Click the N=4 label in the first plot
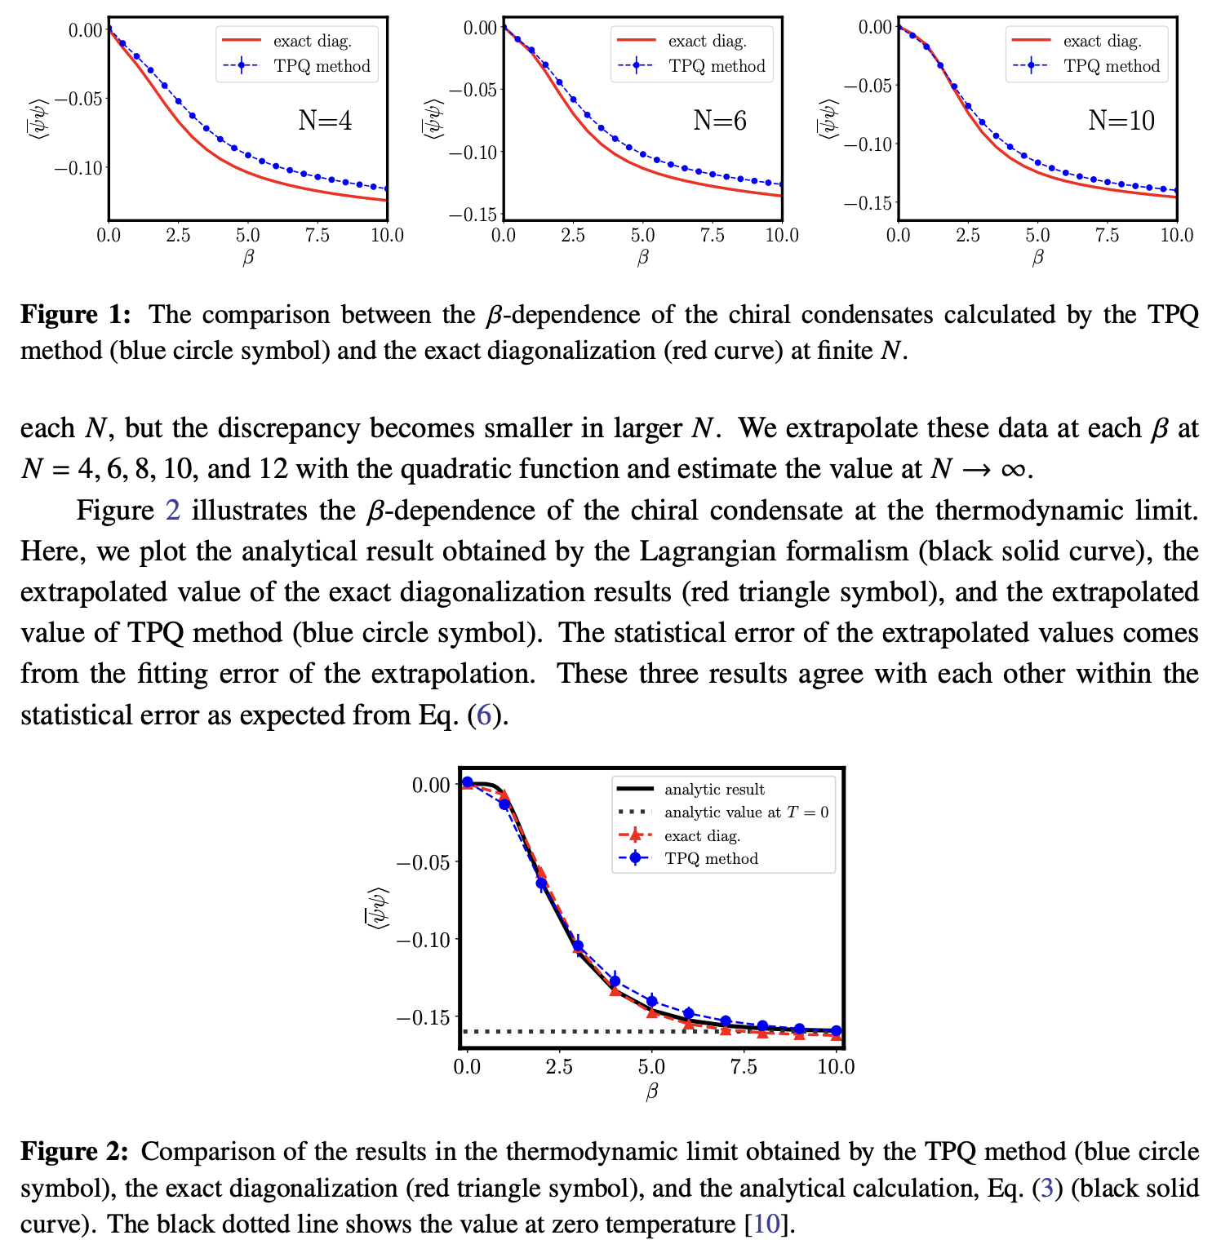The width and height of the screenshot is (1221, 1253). [325, 121]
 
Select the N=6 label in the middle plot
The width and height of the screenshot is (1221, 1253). [720, 121]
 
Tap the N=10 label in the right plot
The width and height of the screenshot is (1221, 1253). [1121, 121]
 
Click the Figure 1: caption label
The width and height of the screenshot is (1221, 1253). [75, 315]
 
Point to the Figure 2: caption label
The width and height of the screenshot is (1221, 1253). [75, 1151]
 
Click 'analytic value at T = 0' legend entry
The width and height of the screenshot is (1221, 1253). [746, 812]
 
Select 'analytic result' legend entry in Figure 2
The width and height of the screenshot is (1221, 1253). [714, 789]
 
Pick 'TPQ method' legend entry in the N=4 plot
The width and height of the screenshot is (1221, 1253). [322, 66]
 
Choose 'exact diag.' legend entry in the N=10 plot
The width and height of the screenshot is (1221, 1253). [1102, 41]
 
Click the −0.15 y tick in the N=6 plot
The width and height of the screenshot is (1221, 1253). [474, 215]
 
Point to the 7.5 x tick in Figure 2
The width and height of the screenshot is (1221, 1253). [744, 1067]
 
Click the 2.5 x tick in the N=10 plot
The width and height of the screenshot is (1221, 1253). [968, 236]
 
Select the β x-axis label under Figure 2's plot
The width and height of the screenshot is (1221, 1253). [651, 1091]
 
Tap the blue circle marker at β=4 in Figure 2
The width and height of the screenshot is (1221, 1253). [615, 981]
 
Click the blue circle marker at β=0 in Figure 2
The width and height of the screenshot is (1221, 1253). [468, 782]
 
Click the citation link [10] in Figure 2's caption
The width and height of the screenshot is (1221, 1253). [766, 1224]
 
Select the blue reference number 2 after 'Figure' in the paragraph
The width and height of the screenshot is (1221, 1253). [172, 511]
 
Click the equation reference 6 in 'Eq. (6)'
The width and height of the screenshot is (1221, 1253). [484, 715]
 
